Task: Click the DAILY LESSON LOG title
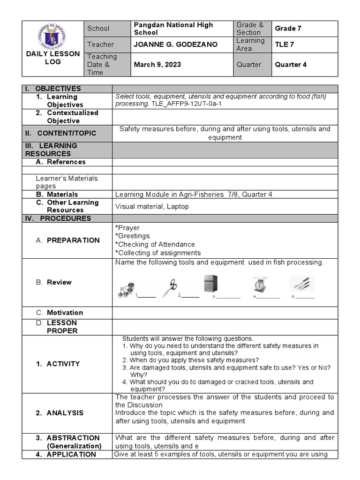pyautogui.click(x=52, y=58)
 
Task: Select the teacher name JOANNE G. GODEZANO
pyautogui.click(x=169, y=45)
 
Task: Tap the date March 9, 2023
pyautogui.click(x=157, y=65)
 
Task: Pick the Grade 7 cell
pyautogui.click(x=288, y=29)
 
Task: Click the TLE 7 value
pyautogui.click(x=285, y=45)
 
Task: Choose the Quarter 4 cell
pyautogui.click(x=291, y=65)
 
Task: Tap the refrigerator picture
pyautogui.click(x=211, y=285)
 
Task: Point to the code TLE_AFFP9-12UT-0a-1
pyautogui.click(x=186, y=104)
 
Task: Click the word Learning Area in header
pyautogui.click(x=250, y=45)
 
